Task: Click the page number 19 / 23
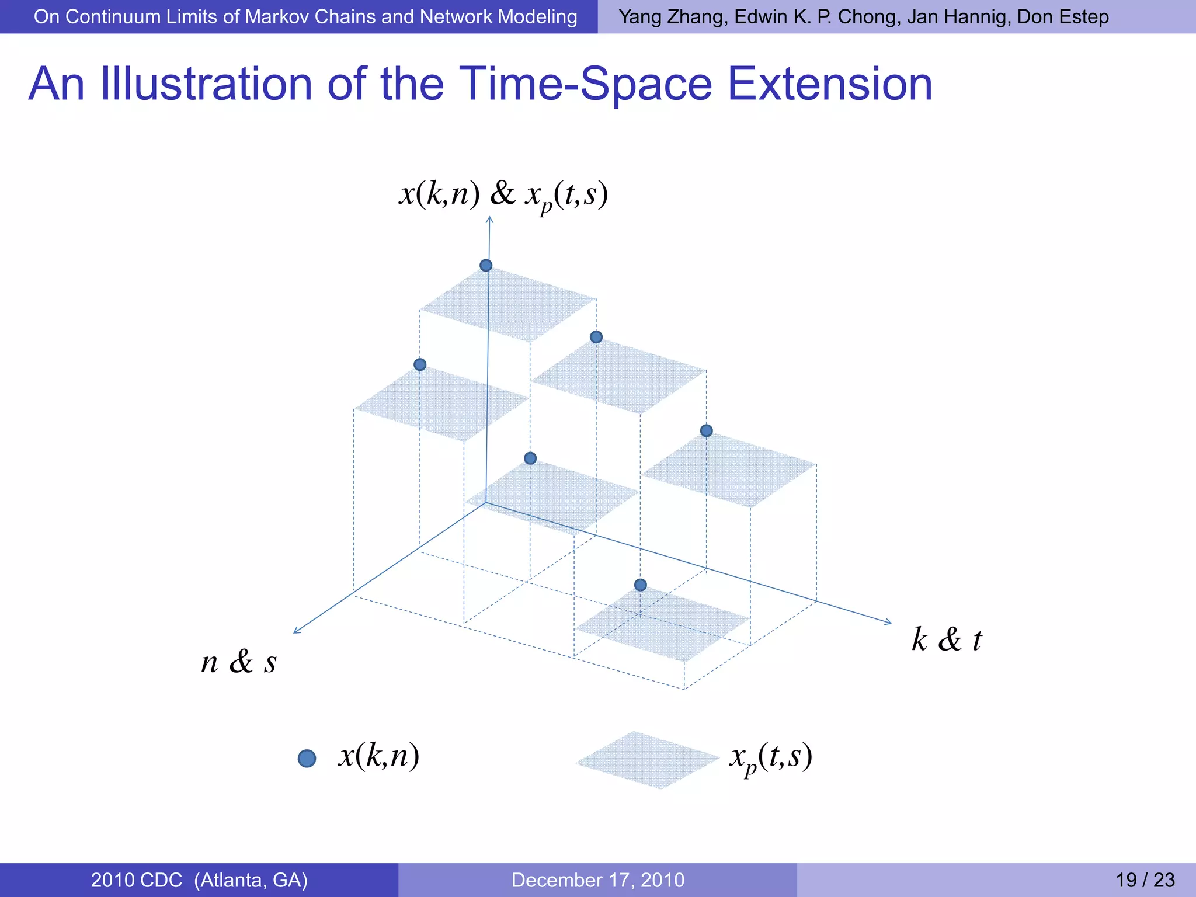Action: point(1145,879)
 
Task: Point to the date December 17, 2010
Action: point(597,879)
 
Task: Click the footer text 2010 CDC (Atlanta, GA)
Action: point(199,879)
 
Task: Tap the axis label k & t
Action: point(947,639)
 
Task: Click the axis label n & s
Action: point(238,662)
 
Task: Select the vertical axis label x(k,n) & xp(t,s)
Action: point(503,194)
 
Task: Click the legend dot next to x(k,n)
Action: point(307,759)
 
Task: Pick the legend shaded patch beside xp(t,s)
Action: point(647,760)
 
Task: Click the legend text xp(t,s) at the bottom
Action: point(770,757)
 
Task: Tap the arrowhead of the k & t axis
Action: point(888,623)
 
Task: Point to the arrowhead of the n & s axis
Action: point(296,631)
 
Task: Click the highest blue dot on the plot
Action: point(486,266)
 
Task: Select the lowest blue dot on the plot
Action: point(641,585)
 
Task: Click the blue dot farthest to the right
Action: point(706,431)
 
